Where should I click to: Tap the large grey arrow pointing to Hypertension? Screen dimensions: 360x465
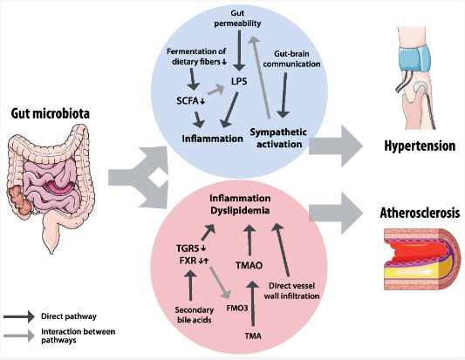click(x=339, y=143)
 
